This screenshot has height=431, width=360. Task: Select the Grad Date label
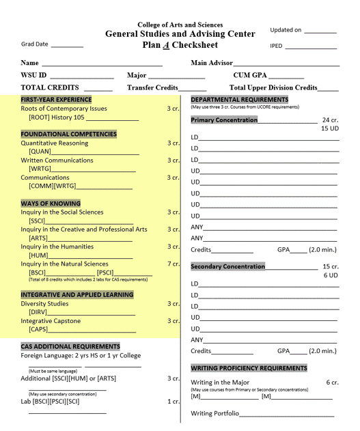[x=35, y=44]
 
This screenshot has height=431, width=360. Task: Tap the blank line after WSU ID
[x=82, y=75]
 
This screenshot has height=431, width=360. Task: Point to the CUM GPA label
[x=250, y=75]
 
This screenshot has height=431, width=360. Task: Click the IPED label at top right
[x=277, y=46]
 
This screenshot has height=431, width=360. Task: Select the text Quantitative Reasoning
[x=54, y=143]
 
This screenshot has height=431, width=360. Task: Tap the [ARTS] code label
[x=38, y=238]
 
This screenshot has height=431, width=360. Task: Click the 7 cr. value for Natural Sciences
[x=173, y=264]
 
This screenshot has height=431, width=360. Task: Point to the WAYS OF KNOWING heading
[x=51, y=204]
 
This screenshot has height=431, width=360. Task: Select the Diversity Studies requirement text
[x=44, y=304]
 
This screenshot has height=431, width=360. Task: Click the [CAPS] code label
[x=38, y=329]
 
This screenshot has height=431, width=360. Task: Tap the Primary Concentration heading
[x=224, y=120]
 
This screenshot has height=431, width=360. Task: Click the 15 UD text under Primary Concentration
[x=329, y=128]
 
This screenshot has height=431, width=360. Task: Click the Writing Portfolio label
[x=214, y=413]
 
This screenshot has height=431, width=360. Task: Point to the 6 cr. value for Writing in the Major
[x=332, y=383]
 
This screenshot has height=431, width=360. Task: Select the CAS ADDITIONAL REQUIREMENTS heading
[x=70, y=346]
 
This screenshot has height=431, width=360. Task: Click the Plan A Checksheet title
[x=180, y=45]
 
